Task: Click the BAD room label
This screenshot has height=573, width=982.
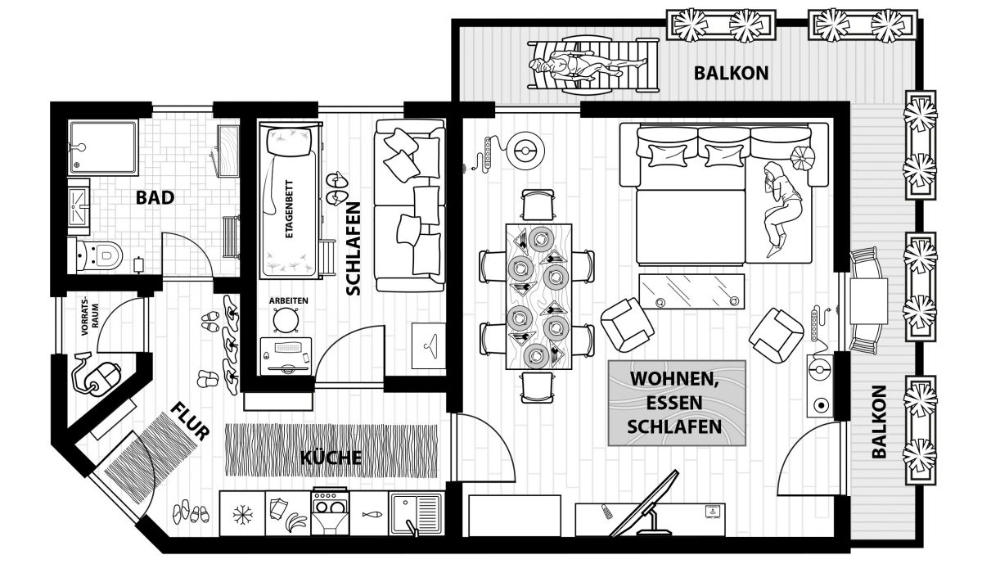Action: [155, 198]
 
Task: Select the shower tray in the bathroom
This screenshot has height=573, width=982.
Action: [103, 147]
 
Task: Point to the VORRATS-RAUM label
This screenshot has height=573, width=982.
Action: [90, 316]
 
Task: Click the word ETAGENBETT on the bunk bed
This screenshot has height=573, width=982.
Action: [289, 209]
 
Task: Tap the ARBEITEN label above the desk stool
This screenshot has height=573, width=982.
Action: [288, 300]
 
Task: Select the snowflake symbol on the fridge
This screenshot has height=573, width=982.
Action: [242, 514]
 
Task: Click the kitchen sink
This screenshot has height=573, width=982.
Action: [416, 514]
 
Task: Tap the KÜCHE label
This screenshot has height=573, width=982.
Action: [331, 458]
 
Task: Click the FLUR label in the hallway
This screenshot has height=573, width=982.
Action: [190, 421]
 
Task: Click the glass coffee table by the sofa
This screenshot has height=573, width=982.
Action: [691, 291]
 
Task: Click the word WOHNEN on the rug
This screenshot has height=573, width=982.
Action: [673, 379]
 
